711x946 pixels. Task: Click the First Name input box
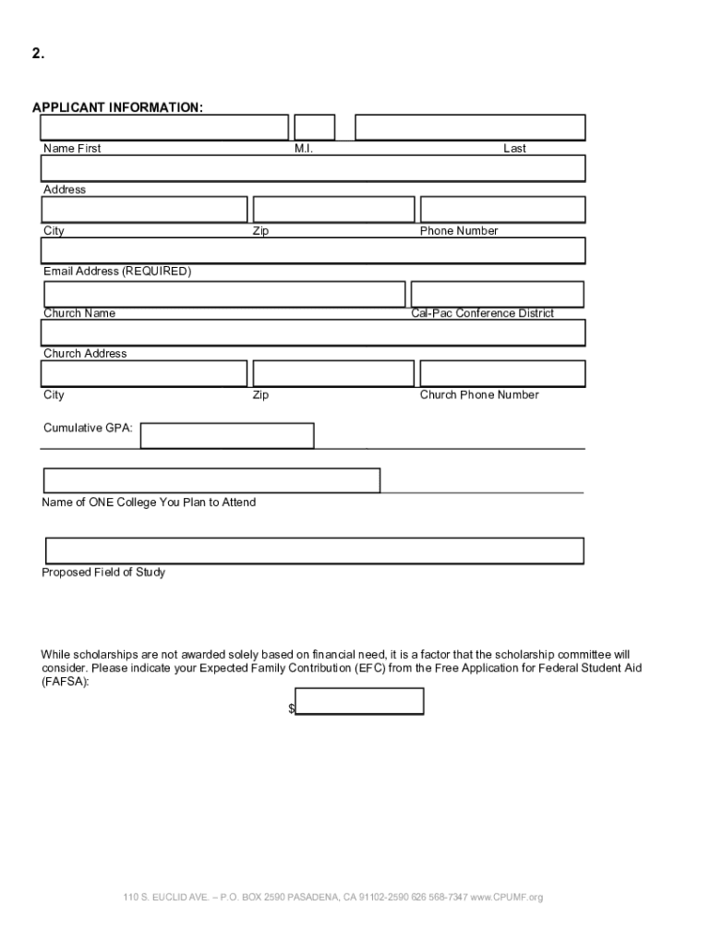164,127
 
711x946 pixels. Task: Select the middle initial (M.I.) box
315,127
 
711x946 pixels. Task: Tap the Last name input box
470,127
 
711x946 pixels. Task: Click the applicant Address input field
312,168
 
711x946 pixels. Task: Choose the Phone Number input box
502,210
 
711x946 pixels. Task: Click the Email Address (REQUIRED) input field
312,250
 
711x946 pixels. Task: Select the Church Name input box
224,294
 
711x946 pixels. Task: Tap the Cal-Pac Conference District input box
497,294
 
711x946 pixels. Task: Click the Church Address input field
312,333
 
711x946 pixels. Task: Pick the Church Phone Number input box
502,373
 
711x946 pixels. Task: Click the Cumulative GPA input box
227,435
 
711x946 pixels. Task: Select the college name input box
211,480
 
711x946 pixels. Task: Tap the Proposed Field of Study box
314,551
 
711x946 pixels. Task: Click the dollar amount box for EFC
359,702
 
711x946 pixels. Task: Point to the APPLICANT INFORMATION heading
118,108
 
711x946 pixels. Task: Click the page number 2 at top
38,54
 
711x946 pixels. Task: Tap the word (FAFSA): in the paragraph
66,682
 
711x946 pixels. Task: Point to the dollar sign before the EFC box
291,709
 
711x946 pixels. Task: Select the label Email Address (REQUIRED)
117,272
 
